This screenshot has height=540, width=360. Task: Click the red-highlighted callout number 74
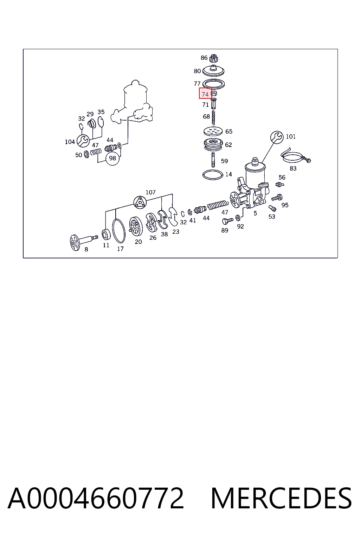205,93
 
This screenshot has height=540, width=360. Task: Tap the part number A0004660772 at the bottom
96,499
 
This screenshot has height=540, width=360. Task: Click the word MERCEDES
281,499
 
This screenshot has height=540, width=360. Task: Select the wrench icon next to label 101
277,137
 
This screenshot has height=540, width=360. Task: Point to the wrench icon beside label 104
83,141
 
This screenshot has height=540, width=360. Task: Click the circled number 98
112,159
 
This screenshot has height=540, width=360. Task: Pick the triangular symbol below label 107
140,202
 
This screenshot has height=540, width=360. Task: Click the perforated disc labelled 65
213,131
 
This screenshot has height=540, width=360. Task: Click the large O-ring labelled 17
119,231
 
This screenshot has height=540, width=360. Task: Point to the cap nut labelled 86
214,58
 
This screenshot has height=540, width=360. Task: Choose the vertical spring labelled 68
213,117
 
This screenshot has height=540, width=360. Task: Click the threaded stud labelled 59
213,160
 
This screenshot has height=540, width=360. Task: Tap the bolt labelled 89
227,220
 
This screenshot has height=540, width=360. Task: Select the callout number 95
285,205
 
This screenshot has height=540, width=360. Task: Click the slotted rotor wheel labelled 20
136,226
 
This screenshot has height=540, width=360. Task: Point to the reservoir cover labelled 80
213,70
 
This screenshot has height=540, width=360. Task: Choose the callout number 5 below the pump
255,213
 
